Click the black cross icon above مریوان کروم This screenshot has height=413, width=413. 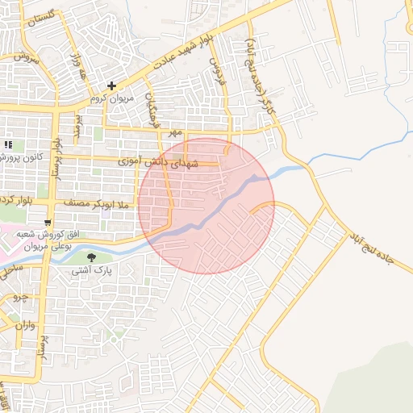click(x=111, y=86)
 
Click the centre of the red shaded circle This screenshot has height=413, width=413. click(x=206, y=205)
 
